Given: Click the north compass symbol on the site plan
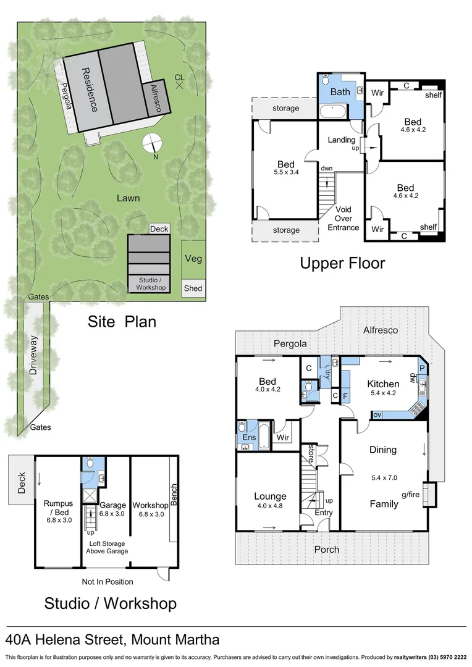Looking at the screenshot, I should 151,143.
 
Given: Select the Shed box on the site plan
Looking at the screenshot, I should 193,288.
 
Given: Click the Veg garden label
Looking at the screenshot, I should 193,259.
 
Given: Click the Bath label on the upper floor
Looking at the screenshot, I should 340,91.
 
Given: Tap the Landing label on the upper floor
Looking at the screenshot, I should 341,140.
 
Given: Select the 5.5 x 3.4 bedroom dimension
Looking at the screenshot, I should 285,173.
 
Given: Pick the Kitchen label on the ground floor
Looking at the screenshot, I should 383,384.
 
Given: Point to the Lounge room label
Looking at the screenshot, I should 270,496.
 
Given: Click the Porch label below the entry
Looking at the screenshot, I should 326,549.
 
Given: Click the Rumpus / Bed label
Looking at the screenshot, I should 58,507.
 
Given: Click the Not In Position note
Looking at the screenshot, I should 107,581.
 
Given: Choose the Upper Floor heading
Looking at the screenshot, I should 342,263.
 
